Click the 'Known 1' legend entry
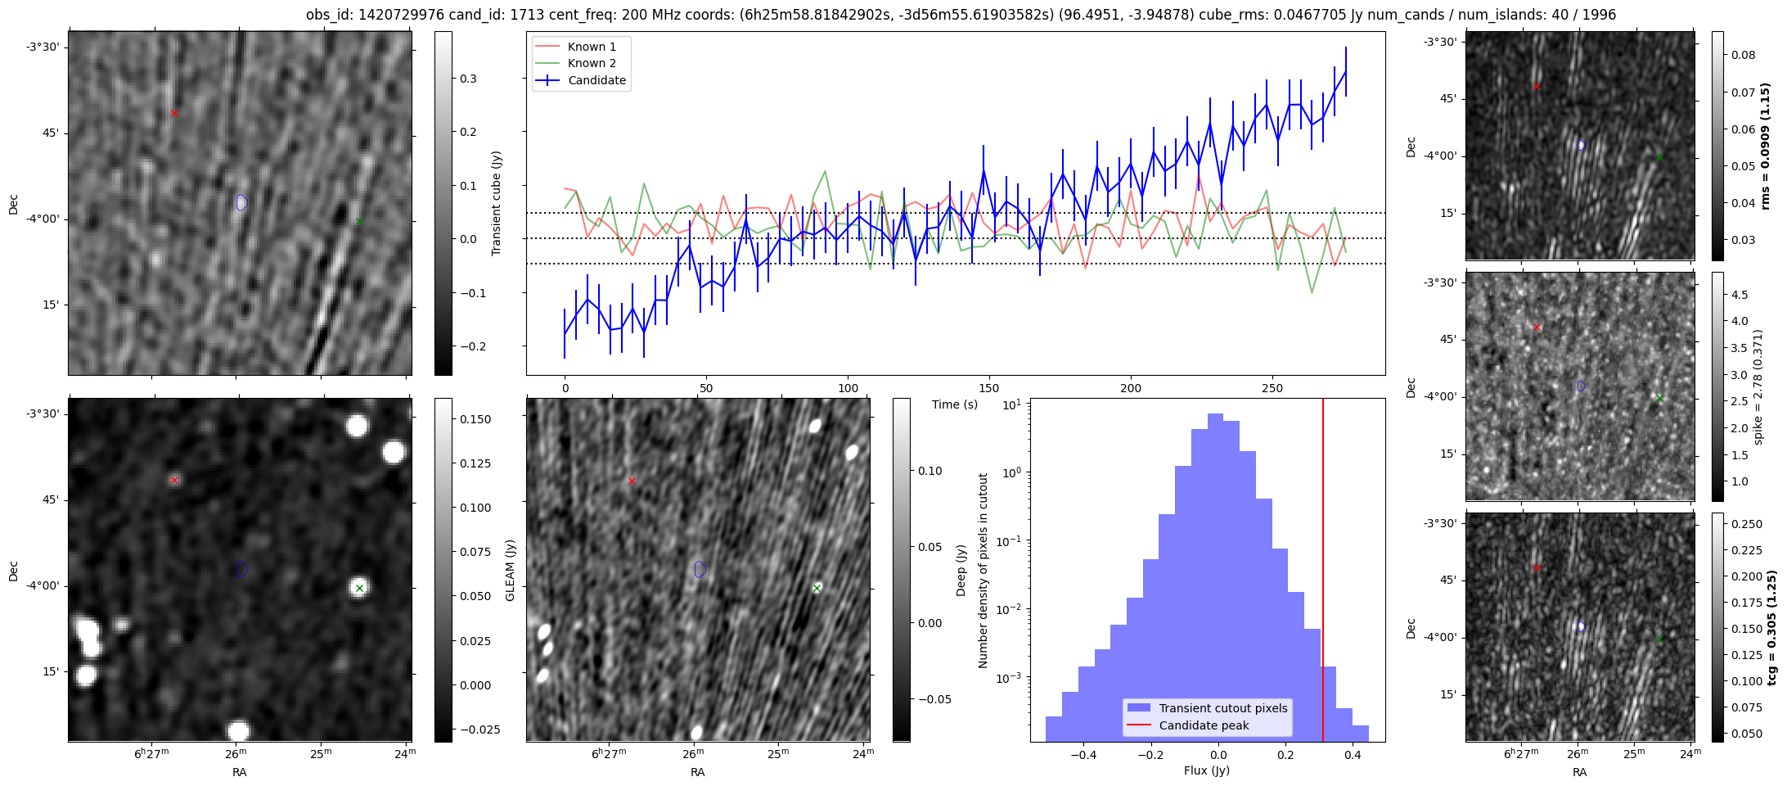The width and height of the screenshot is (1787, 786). tap(592, 47)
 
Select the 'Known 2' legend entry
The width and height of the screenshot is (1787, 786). tap(592, 63)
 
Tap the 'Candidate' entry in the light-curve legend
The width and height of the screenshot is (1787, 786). tap(596, 80)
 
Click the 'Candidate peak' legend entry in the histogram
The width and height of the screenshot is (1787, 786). tap(1204, 725)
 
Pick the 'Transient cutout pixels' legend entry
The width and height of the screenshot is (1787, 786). tap(1222, 708)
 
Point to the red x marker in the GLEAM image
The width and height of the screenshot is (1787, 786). tap(174, 481)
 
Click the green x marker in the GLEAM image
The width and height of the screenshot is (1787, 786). tap(359, 588)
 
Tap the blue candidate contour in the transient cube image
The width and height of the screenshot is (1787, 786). tap(241, 202)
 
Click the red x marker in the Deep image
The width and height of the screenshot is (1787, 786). tap(632, 481)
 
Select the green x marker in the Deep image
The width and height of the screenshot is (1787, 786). tap(817, 588)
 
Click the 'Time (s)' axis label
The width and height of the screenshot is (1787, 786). tap(955, 404)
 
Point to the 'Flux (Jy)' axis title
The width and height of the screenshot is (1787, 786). tap(1206, 770)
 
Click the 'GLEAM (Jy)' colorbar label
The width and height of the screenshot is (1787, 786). tap(511, 570)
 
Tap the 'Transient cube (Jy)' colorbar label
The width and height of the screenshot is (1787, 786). tap(496, 203)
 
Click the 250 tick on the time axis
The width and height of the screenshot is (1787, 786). tap(1272, 388)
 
